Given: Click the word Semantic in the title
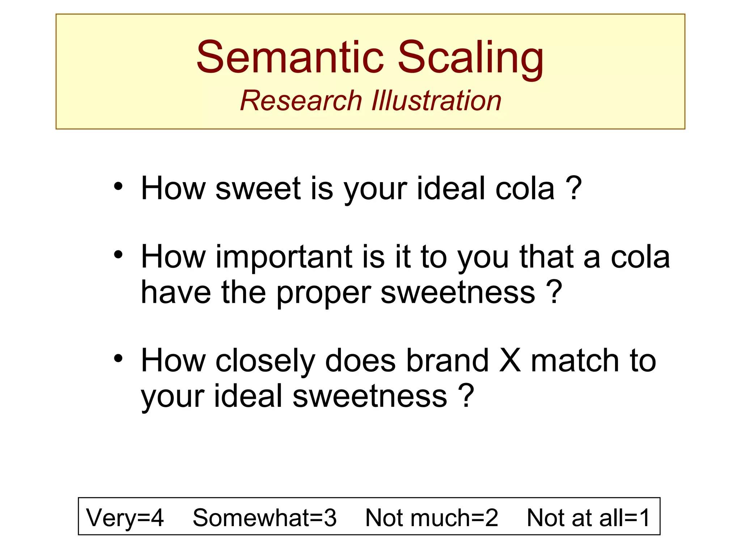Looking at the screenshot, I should coord(290,57).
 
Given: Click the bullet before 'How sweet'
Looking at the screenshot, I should coord(118,187).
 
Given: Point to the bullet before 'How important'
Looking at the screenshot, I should coord(118,255).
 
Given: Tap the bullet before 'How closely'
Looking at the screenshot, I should coord(118,359).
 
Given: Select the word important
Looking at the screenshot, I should coord(284,257).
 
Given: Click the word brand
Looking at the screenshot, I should coord(447,361).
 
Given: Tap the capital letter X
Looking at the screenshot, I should coord(510,361).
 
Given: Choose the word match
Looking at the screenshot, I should coord(575,361).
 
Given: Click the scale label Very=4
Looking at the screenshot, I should coord(125,518).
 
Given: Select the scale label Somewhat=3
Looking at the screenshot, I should coord(264,517).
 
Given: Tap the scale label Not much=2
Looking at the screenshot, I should coord(432,517).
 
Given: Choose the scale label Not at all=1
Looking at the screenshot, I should coord(588,517).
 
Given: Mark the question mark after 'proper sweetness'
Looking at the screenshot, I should coord(554,292).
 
